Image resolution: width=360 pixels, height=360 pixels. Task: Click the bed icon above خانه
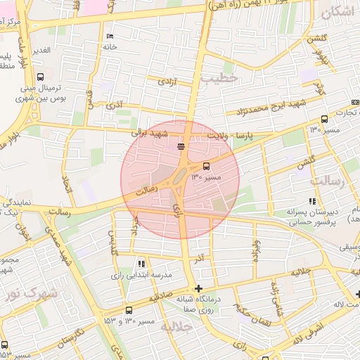click(109, 36)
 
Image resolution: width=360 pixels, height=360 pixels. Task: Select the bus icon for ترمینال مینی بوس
click(39, 77)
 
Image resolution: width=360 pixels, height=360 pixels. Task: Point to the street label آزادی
click(167, 82)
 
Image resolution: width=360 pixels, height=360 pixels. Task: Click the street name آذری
click(113, 105)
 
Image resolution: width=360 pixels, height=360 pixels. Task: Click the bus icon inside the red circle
click(207, 166)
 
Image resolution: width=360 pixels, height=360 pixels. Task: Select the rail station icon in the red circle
click(181, 146)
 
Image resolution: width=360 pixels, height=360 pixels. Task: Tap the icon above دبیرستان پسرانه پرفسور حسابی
click(312, 201)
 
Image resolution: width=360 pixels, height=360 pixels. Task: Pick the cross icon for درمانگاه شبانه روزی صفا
click(199, 288)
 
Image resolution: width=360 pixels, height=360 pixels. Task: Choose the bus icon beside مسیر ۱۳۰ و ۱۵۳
click(128, 310)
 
